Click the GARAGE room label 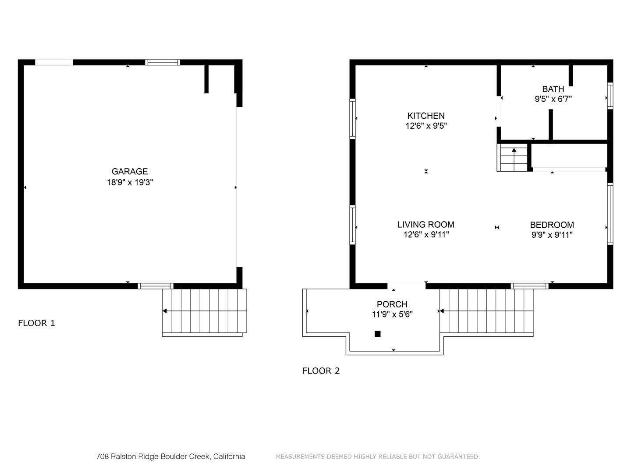[x=129, y=172]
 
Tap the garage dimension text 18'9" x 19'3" [x=130, y=182]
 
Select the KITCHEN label [x=426, y=116]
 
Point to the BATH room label [x=553, y=89]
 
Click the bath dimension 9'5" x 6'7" [x=553, y=99]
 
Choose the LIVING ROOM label [x=426, y=225]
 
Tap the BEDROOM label [x=552, y=225]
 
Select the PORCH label [x=392, y=304]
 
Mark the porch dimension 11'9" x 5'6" [x=392, y=314]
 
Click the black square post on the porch [x=378, y=334]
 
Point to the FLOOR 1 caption [x=36, y=323]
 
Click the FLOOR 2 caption [x=321, y=371]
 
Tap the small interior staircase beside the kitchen [x=513, y=157]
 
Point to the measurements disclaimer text [x=378, y=457]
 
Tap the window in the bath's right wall [x=610, y=95]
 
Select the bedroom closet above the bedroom [x=569, y=155]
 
